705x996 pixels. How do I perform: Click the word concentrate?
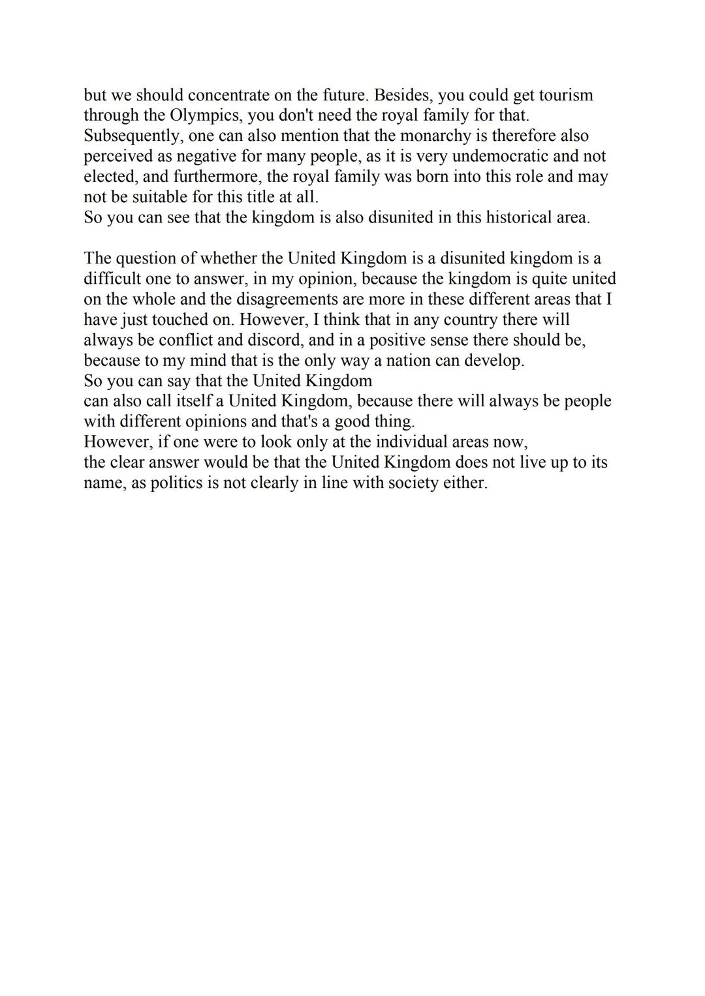(x=228, y=95)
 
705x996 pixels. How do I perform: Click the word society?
(x=415, y=483)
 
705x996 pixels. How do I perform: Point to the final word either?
(x=467, y=483)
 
